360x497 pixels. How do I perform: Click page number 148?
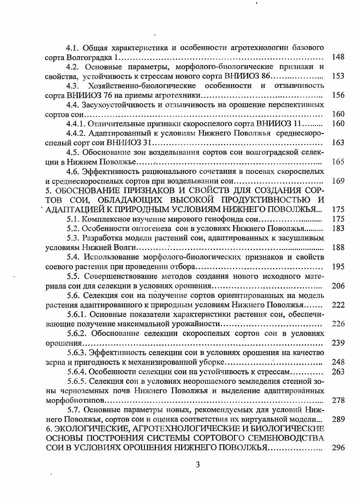(x=338, y=57)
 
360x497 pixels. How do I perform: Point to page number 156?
(x=338, y=95)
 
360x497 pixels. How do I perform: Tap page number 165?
(x=338, y=162)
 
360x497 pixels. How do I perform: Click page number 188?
(x=338, y=247)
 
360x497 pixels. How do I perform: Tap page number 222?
(x=338, y=305)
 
